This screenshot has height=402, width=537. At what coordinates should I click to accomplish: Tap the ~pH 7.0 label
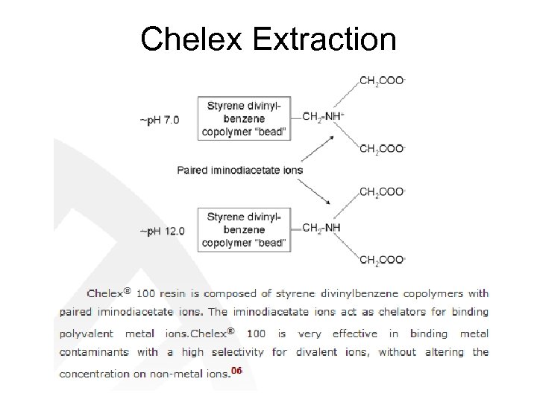[159, 119]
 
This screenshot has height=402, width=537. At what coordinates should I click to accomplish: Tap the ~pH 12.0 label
[160, 231]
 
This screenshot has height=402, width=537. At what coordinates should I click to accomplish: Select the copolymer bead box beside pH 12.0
[244, 230]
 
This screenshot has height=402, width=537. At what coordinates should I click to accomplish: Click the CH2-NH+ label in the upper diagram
[324, 117]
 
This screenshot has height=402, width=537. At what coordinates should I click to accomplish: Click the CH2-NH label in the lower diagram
[321, 228]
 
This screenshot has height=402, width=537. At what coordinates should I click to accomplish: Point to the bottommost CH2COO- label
[383, 260]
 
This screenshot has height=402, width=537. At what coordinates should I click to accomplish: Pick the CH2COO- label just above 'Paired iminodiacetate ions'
[383, 149]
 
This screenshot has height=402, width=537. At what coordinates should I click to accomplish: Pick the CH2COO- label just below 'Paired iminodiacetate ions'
[383, 192]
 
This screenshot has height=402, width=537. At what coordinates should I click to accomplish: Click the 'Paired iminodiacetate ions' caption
[239, 170]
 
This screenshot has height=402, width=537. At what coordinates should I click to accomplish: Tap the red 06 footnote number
[236, 370]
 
